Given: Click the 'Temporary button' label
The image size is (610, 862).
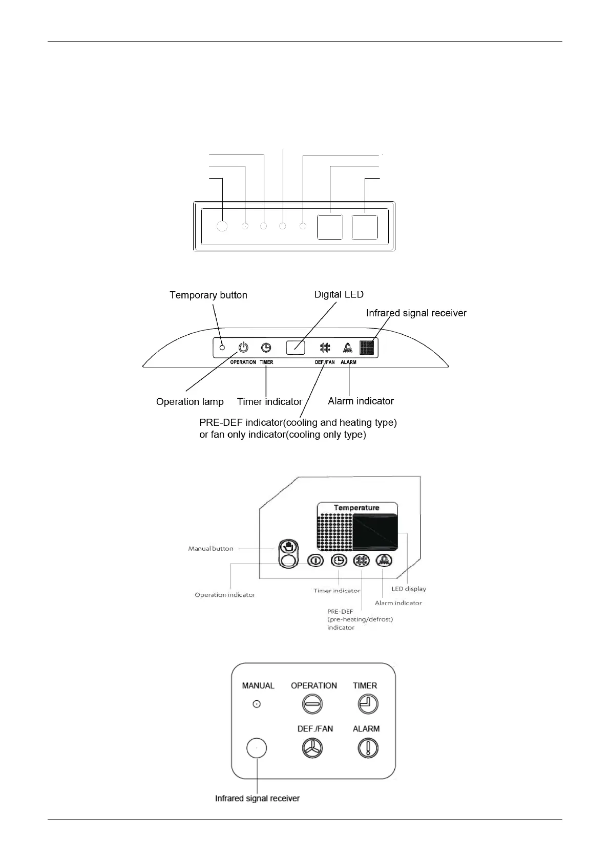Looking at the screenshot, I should point(208,295).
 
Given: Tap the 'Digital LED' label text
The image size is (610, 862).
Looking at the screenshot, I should point(339,294).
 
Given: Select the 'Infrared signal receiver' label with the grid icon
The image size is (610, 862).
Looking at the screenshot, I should point(416,313).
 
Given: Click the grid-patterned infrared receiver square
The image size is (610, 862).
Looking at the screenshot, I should point(367,348).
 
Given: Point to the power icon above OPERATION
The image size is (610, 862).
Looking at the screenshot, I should point(243,348).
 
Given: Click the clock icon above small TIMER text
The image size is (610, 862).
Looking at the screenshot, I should point(266,348).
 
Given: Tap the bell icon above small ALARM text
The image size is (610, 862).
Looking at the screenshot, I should point(348,348).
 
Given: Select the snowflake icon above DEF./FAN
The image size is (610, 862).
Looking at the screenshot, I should point(325,348).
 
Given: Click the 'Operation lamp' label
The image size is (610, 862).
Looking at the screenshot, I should point(190,402).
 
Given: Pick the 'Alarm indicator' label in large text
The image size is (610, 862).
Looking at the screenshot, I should point(361,401).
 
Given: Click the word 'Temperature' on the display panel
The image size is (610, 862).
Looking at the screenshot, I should point(356,508).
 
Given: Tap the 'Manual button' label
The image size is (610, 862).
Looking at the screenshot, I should point(211,549).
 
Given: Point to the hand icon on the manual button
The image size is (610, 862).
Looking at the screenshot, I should point(288,547).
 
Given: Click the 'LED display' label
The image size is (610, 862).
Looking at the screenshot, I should point(409,589).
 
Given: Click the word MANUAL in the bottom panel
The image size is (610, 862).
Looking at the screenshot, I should point(258,686).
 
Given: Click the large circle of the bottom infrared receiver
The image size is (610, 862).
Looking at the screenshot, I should point(257,749).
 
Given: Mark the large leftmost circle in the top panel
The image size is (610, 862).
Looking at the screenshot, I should point(222,226).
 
